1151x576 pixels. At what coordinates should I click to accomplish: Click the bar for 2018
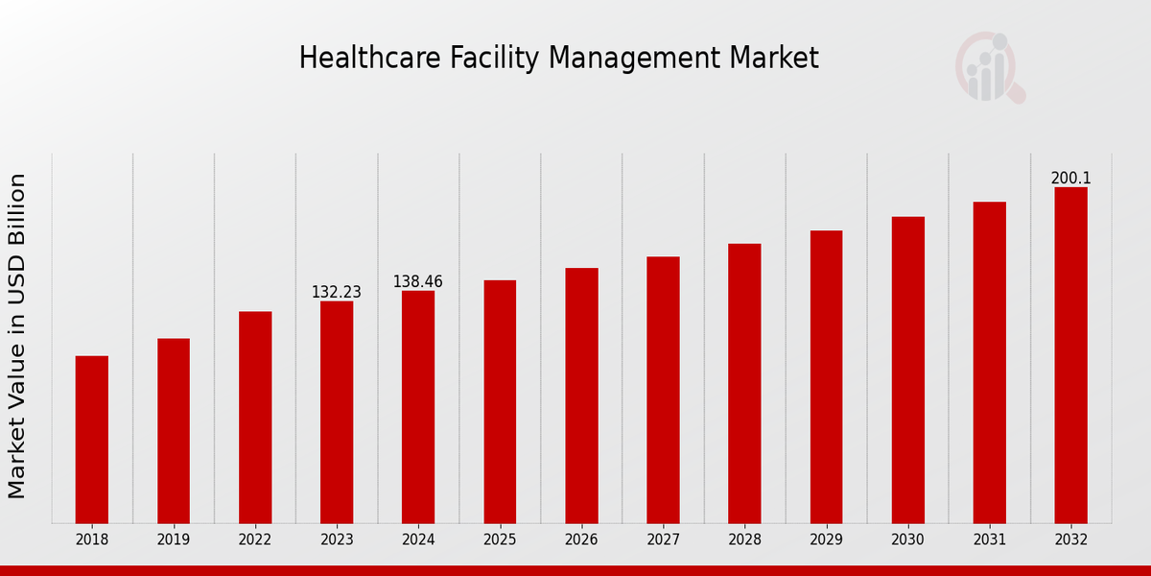[92, 440]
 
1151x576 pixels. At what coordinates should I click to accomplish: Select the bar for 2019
[174, 431]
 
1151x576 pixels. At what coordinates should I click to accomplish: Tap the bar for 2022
[255, 418]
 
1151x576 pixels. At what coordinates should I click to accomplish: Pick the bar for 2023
[337, 413]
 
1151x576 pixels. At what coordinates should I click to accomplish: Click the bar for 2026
[581, 396]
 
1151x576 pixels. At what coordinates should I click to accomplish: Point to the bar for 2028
[744, 384]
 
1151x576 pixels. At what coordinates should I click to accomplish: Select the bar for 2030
[907, 371]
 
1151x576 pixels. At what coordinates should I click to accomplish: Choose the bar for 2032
[1070, 355]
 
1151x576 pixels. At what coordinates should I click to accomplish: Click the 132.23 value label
[337, 292]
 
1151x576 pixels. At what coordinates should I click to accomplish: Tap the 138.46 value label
[418, 281]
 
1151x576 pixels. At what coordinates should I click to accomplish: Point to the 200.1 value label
[1070, 178]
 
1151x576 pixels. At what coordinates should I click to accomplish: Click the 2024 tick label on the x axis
[418, 540]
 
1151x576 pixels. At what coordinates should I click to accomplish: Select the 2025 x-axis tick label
[500, 540]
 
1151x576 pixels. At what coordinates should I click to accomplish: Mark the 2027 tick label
[663, 540]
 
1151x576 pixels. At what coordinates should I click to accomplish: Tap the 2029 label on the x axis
[826, 540]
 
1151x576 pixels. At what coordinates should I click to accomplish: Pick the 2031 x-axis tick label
[989, 540]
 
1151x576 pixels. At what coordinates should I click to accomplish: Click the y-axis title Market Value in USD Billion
[17, 336]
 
